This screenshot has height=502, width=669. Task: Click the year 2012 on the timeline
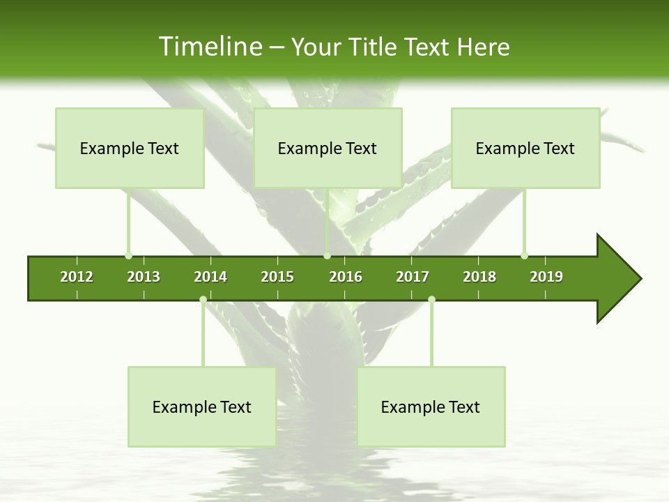tap(77, 277)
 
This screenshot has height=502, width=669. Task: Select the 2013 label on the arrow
tap(144, 277)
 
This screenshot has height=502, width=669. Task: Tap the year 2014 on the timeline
tap(210, 277)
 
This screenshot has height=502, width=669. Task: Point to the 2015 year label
tap(277, 277)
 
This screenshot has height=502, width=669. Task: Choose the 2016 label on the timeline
tap(346, 277)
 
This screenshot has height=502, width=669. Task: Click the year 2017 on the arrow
tap(413, 277)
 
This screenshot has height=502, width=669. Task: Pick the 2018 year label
tap(479, 277)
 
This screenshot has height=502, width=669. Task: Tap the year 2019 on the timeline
tap(546, 277)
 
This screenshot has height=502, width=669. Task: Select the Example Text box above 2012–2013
tap(130, 148)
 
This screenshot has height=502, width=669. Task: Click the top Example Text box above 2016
tap(328, 148)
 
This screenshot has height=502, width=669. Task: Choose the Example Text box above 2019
tap(525, 148)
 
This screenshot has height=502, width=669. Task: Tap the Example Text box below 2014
tap(202, 406)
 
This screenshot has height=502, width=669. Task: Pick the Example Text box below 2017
tap(431, 406)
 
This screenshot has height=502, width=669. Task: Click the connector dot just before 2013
tap(128, 255)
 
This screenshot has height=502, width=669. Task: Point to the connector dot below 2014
tap(203, 300)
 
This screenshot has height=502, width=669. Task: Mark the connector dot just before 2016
tap(327, 255)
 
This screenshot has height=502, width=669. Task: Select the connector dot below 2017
tap(431, 300)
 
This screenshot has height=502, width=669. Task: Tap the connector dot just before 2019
tap(524, 255)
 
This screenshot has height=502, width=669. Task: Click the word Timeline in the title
tap(210, 47)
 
